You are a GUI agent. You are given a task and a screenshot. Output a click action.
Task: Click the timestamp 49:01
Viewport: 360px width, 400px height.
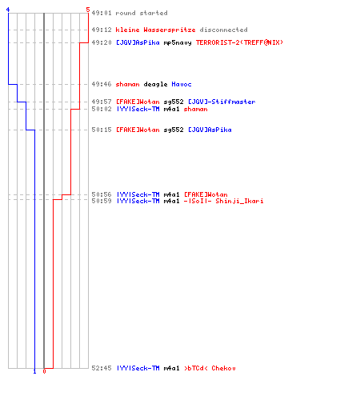[102, 13]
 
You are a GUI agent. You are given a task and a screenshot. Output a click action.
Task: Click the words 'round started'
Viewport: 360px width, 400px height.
[142, 13]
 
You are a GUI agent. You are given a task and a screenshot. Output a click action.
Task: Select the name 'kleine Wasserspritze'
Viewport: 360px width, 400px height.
[155, 30]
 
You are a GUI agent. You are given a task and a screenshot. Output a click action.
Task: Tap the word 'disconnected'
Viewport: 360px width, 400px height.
[223, 30]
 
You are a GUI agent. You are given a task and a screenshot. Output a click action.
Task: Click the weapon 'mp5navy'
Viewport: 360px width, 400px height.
[178, 42]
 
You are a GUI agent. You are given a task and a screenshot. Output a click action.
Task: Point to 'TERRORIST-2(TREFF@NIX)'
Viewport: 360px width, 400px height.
[239, 42]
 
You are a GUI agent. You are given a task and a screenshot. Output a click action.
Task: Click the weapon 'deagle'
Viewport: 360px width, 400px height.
[155, 84]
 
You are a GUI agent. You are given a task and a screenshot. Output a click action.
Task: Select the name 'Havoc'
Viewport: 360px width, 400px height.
[182, 84]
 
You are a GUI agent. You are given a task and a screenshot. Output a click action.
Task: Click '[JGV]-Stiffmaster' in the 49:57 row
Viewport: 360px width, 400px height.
[222, 102]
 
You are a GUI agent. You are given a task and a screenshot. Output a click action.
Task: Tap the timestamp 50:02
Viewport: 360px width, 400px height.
[102, 109]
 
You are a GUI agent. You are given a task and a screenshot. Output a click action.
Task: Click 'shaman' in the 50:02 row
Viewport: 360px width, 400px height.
[195, 109]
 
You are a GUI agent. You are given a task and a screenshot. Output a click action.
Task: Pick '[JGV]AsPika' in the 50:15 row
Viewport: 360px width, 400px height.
[210, 130]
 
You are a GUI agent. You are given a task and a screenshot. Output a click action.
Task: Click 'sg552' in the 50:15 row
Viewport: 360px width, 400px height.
[174, 130]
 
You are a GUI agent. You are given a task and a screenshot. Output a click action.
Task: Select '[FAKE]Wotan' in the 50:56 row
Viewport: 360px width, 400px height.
[206, 194]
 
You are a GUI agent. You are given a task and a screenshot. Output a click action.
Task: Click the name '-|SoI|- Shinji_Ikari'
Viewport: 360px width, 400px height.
[223, 201]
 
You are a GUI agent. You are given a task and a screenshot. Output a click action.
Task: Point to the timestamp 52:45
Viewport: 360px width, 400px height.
[102, 368]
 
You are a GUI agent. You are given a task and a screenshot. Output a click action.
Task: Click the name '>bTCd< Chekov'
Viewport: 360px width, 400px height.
[210, 368]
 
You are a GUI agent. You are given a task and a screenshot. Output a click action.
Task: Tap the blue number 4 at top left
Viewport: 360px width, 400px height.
[8, 10]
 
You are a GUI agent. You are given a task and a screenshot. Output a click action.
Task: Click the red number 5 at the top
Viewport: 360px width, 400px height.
[88, 10]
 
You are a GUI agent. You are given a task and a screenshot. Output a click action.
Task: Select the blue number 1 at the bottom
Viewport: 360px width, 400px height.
[34, 371]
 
